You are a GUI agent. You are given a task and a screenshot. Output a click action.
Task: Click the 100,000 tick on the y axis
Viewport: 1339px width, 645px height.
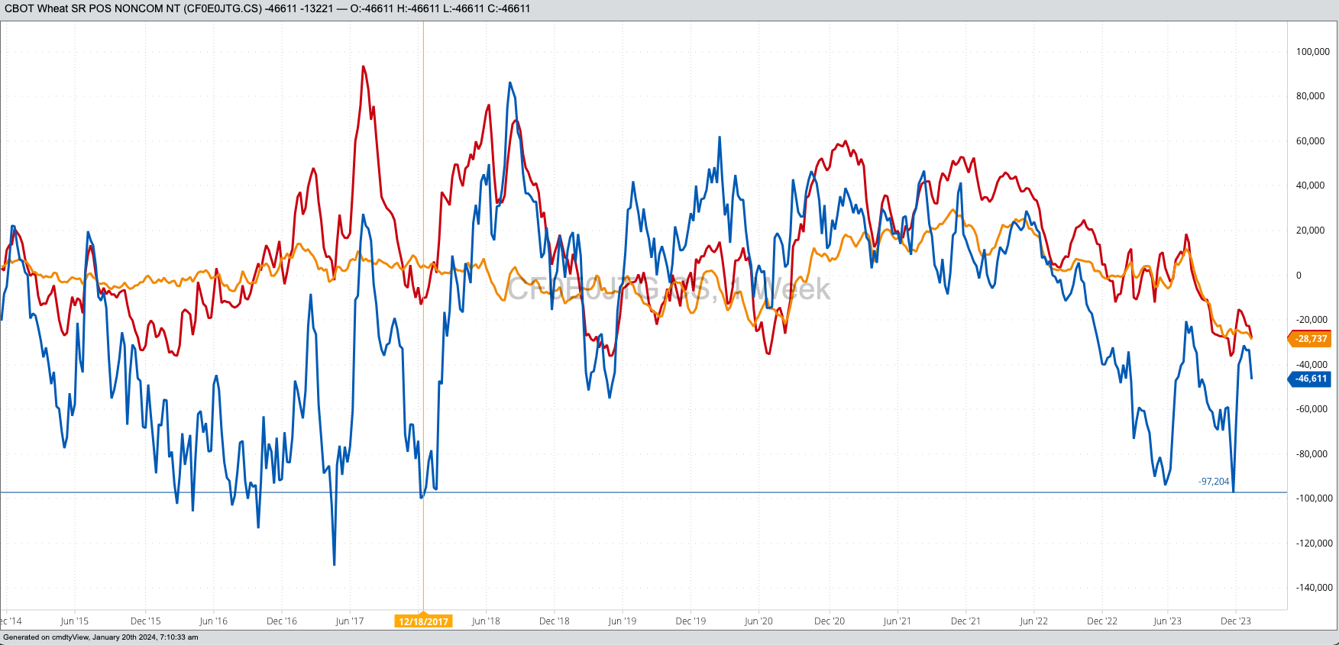tap(1312, 52)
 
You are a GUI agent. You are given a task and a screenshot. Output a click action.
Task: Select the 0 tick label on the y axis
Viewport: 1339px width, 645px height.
tap(1299, 276)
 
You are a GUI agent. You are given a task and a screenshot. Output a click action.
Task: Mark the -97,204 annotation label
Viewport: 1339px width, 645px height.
tap(1214, 482)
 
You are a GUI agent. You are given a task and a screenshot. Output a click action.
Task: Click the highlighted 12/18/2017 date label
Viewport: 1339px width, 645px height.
tap(423, 621)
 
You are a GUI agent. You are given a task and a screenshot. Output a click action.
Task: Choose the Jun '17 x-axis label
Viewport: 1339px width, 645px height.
tap(350, 621)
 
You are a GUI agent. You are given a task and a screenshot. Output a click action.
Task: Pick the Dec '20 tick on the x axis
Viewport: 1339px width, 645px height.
tap(830, 621)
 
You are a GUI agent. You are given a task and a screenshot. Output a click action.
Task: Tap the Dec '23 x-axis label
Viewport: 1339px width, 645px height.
tap(1236, 621)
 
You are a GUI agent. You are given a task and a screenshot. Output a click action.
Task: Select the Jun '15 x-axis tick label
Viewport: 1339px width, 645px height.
tap(74, 621)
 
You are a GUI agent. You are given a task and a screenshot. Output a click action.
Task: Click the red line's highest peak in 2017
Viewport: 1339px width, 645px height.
tap(363, 67)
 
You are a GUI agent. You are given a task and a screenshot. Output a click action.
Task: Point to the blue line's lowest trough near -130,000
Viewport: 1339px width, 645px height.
tap(335, 564)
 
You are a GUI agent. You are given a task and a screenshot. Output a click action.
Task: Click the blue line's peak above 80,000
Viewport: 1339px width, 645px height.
tap(509, 82)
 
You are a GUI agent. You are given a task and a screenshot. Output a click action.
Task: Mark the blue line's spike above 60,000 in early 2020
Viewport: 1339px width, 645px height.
tap(720, 138)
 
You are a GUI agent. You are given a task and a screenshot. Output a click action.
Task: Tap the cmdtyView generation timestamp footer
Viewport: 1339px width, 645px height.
tap(101, 637)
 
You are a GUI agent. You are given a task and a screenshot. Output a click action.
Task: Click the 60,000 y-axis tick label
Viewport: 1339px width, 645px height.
tap(1310, 141)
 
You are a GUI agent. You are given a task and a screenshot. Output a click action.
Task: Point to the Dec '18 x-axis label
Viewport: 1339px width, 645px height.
tap(555, 621)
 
